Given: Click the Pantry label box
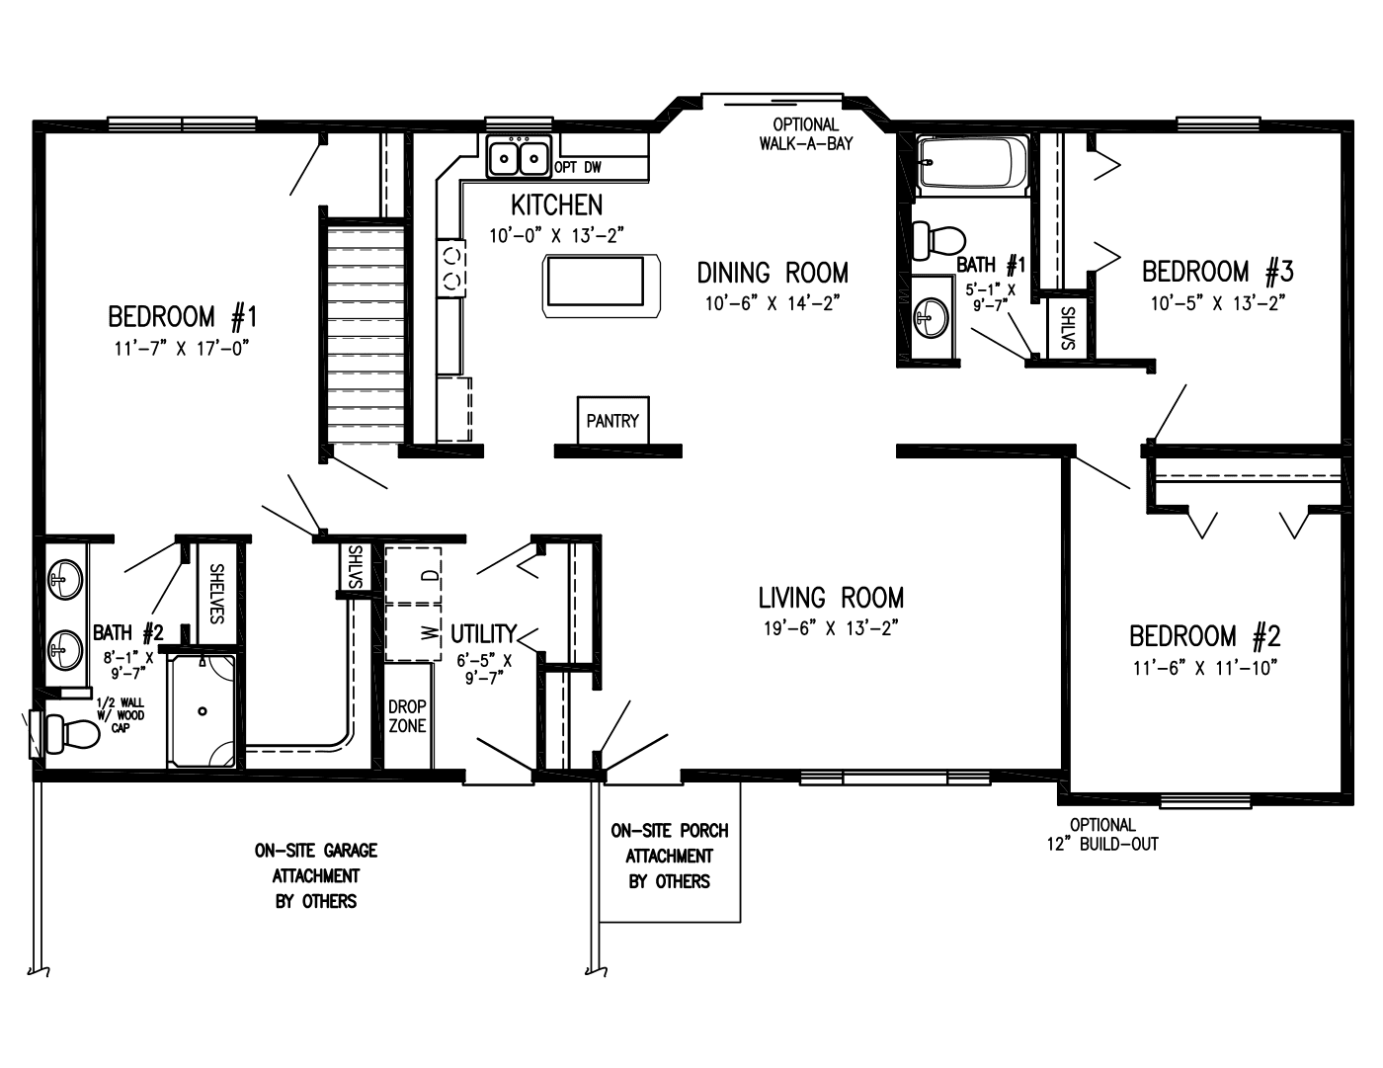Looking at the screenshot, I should coord(612,421).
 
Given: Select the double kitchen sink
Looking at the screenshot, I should coord(519,158).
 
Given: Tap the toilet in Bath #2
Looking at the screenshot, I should coord(70,733).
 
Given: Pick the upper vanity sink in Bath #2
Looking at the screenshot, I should coord(65,576).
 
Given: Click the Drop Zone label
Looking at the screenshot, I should coord(407,716).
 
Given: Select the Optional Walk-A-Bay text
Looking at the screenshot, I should coord(805,133).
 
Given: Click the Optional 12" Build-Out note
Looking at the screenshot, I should coord(1102,834).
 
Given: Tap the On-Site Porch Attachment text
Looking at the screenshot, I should coord(669,856).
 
